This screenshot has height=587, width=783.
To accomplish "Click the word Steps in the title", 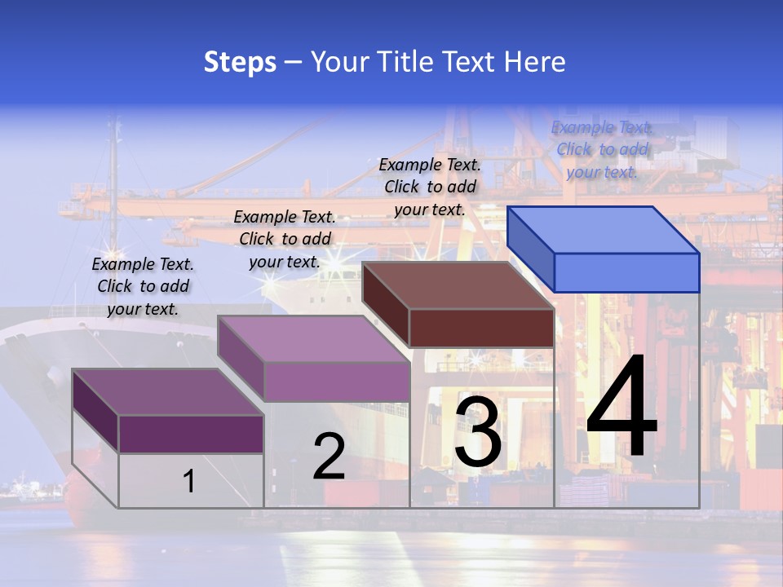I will pos(240,62).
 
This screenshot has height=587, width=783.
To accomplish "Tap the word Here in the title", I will pos(535,62).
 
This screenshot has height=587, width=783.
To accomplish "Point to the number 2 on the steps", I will pos(329,457).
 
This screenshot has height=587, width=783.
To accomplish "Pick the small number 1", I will pos(188,481).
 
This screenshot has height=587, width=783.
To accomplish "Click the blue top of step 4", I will pos(602,229).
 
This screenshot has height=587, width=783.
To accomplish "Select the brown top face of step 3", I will pos(457,285).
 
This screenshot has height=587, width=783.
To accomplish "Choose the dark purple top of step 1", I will pos(167,392).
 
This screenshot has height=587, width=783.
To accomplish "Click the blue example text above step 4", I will pos(602,149).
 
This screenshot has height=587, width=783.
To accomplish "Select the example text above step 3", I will pos(430,187).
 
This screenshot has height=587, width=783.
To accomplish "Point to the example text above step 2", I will pos(285,239).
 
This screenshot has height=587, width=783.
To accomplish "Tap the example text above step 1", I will pos(143,286).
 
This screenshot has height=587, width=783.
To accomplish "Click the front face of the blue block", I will pos(626,272).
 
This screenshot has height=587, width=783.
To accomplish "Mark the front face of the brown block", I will pos(481,328).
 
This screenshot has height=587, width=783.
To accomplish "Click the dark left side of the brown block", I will pos(385,303).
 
